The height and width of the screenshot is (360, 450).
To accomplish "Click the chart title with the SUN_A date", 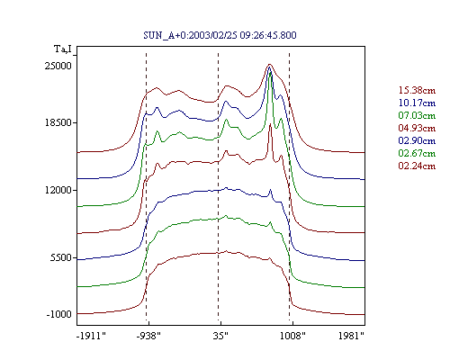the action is pyautogui.click(x=220, y=35).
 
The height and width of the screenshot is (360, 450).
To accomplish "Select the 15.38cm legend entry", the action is pyautogui.click(x=417, y=90).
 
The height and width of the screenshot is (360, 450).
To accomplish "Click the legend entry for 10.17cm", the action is pyautogui.click(x=417, y=103).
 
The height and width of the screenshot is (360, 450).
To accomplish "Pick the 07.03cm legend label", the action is pyautogui.click(x=417, y=115).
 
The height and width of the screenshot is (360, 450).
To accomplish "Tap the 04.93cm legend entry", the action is pyautogui.click(x=417, y=128).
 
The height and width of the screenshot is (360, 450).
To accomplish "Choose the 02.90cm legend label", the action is pyautogui.click(x=417, y=140).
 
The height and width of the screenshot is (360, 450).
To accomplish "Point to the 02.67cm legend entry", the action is pyautogui.click(x=417, y=153).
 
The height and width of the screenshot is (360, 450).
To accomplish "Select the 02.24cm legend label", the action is pyautogui.click(x=417, y=166).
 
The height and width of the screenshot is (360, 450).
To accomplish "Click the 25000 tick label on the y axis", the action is pyautogui.click(x=58, y=66).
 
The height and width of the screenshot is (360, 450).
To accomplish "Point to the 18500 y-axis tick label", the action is pyautogui.click(x=58, y=122).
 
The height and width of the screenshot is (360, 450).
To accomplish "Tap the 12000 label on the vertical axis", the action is pyautogui.click(x=58, y=190).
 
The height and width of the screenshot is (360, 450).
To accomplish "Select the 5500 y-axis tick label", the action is pyautogui.click(x=61, y=257).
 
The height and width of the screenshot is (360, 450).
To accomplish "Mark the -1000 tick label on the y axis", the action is pyautogui.click(x=59, y=314).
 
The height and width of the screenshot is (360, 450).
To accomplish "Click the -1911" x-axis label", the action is pyautogui.click(x=91, y=336).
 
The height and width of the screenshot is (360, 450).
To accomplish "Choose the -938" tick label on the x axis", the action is pyautogui.click(x=148, y=336).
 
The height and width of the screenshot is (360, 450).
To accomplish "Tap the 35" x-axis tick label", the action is pyautogui.click(x=220, y=336).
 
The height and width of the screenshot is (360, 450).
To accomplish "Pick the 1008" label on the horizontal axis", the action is pyautogui.click(x=292, y=336).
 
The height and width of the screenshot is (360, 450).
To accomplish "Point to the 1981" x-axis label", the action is pyautogui.click(x=351, y=336).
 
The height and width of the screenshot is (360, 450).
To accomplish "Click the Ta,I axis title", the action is pyautogui.click(x=63, y=49).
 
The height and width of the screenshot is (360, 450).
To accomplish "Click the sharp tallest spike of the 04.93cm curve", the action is pyautogui.click(x=270, y=124).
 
